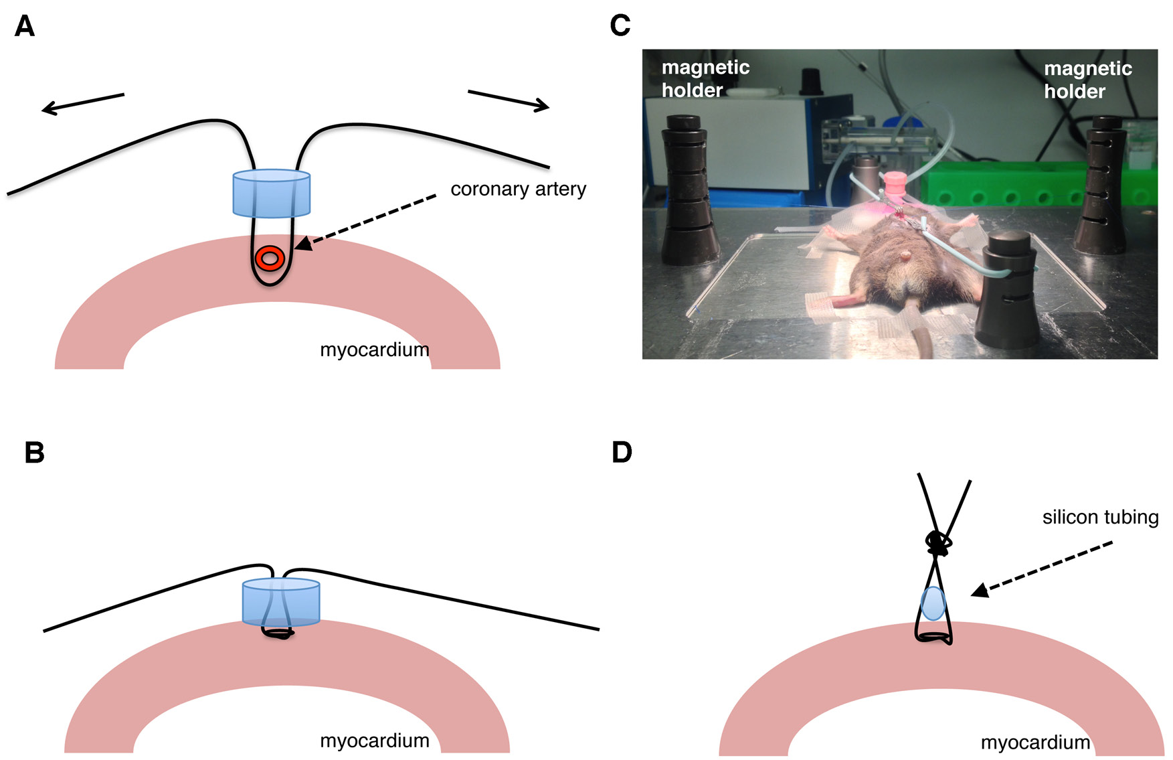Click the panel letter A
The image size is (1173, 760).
point(25,26)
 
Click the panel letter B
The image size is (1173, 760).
point(34,453)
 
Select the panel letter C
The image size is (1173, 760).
point(620,25)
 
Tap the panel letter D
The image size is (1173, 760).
point(622,453)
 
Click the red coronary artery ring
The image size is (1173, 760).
point(270,258)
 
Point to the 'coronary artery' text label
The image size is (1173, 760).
point(518,189)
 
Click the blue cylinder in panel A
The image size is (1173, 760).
point(271,194)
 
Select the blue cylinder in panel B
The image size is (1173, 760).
point(281,601)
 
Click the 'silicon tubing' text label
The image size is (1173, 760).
point(1100,517)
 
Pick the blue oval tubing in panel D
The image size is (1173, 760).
point(933,603)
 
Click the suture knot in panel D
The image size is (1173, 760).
point(938,543)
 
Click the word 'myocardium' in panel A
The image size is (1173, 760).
point(374,350)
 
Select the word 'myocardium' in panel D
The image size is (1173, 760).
point(1035,743)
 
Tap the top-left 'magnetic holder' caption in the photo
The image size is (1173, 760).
point(705,78)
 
